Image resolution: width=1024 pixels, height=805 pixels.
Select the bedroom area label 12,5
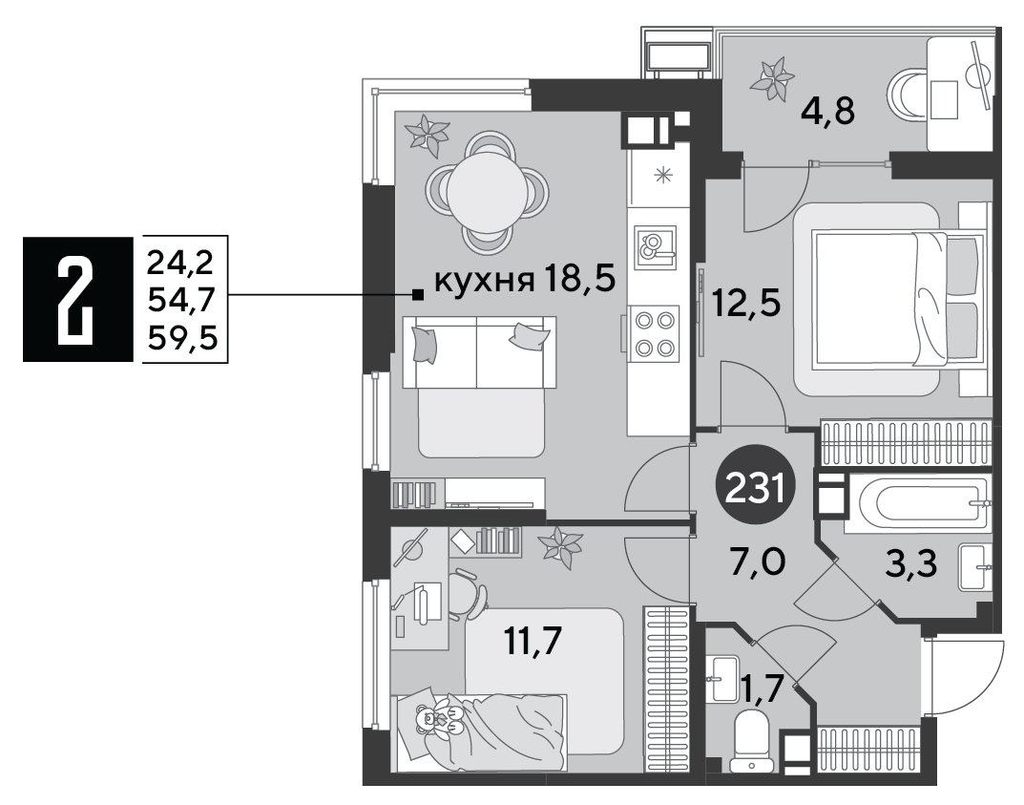[x=745, y=304]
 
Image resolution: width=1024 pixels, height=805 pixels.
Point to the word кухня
[x=481, y=281]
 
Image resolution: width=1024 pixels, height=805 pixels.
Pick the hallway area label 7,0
[x=758, y=561]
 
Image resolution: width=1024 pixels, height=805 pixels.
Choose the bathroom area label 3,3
[x=911, y=563]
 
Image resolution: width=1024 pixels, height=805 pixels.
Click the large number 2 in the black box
[x=76, y=299]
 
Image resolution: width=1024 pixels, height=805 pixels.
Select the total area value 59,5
[x=182, y=338]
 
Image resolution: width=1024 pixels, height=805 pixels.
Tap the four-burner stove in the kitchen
[x=655, y=334]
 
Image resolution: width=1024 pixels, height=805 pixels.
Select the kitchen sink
[x=655, y=246]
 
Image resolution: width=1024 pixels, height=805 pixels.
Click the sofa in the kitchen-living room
[x=479, y=386]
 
